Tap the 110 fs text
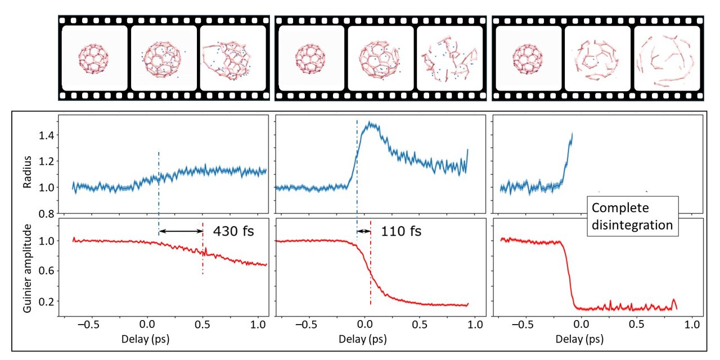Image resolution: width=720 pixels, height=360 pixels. (x=401, y=231)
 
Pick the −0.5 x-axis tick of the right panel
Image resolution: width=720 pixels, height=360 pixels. (x=523, y=325)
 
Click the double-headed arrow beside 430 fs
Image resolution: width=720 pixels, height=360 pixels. (x=181, y=231)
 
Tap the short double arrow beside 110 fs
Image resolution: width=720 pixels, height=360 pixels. (x=364, y=231)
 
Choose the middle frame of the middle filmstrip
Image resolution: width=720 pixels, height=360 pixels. (x=380, y=58)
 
